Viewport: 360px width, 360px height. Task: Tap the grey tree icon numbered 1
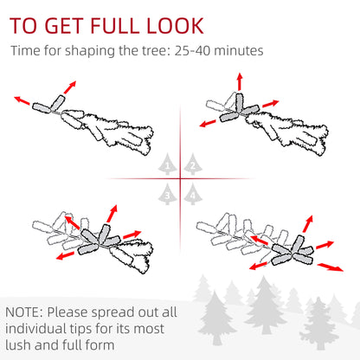[x=167, y=164]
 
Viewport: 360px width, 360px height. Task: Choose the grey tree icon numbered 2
[x=192, y=164]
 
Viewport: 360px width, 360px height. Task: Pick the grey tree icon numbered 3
[x=167, y=194]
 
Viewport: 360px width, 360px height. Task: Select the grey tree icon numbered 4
[x=192, y=194]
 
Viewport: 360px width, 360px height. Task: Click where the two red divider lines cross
[x=180, y=179]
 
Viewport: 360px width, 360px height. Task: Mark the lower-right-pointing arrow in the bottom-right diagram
[x=325, y=265]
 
